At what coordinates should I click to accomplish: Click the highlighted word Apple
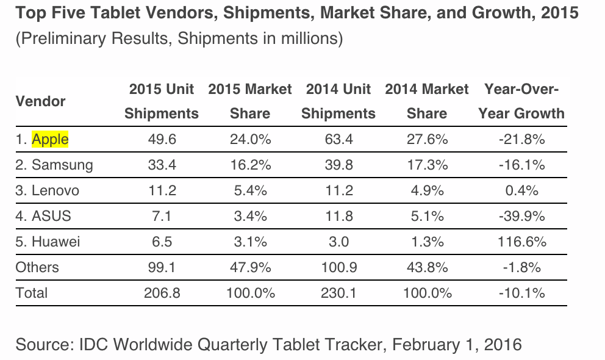point(50,140)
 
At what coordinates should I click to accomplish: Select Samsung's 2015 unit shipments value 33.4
point(162,165)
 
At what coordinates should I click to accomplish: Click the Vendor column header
point(40,101)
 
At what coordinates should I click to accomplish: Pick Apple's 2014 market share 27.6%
point(427,140)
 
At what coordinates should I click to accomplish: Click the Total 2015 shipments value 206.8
point(162,293)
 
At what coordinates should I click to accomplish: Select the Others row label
point(37,267)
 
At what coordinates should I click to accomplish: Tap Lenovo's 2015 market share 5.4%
point(250,190)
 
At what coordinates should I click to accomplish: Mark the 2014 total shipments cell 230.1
point(338,293)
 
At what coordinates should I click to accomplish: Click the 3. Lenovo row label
point(47,190)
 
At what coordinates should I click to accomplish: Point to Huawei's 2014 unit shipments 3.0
point(338,242)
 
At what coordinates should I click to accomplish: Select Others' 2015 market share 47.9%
point(250,267)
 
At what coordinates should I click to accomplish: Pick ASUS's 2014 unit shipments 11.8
point(338,216)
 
